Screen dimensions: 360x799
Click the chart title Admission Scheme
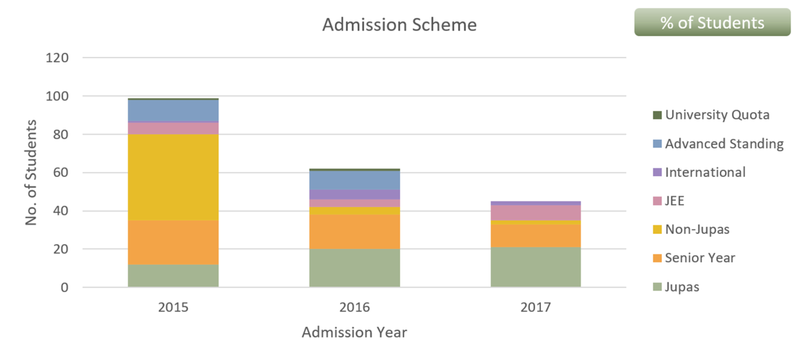click(x=399, y=25)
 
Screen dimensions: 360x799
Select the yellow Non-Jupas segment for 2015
click(x=173, y=177)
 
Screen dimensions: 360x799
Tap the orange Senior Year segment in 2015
click(x=173, y=243)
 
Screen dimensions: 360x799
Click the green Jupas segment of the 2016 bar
click(x=354, y=268)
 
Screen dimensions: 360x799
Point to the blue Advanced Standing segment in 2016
click(x=354, y=180)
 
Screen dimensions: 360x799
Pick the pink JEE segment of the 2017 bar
click(x=536, y=213)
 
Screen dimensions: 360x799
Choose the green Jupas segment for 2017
click(x=536, y=267)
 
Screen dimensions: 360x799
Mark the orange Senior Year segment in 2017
click(x=536, y=236)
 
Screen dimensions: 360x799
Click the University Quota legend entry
click(x=717, y=115)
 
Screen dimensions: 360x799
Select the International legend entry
click(x=705, y=172)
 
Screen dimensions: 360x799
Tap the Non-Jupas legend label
click(x=697, y=229)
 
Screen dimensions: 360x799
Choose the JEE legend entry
click(x=674, y=201)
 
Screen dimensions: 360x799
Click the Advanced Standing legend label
click(x=724, y=143)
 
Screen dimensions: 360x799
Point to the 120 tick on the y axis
click(x=58, y=58)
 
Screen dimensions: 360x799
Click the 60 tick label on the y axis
click(x=61, y=173)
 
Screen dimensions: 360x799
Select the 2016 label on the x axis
click(x=354, y=308)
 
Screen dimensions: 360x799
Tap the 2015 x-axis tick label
click(x=173, y=308)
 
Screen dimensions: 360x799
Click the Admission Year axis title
click(x=354, y=332)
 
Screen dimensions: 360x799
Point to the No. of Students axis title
click(x=32, y=173)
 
